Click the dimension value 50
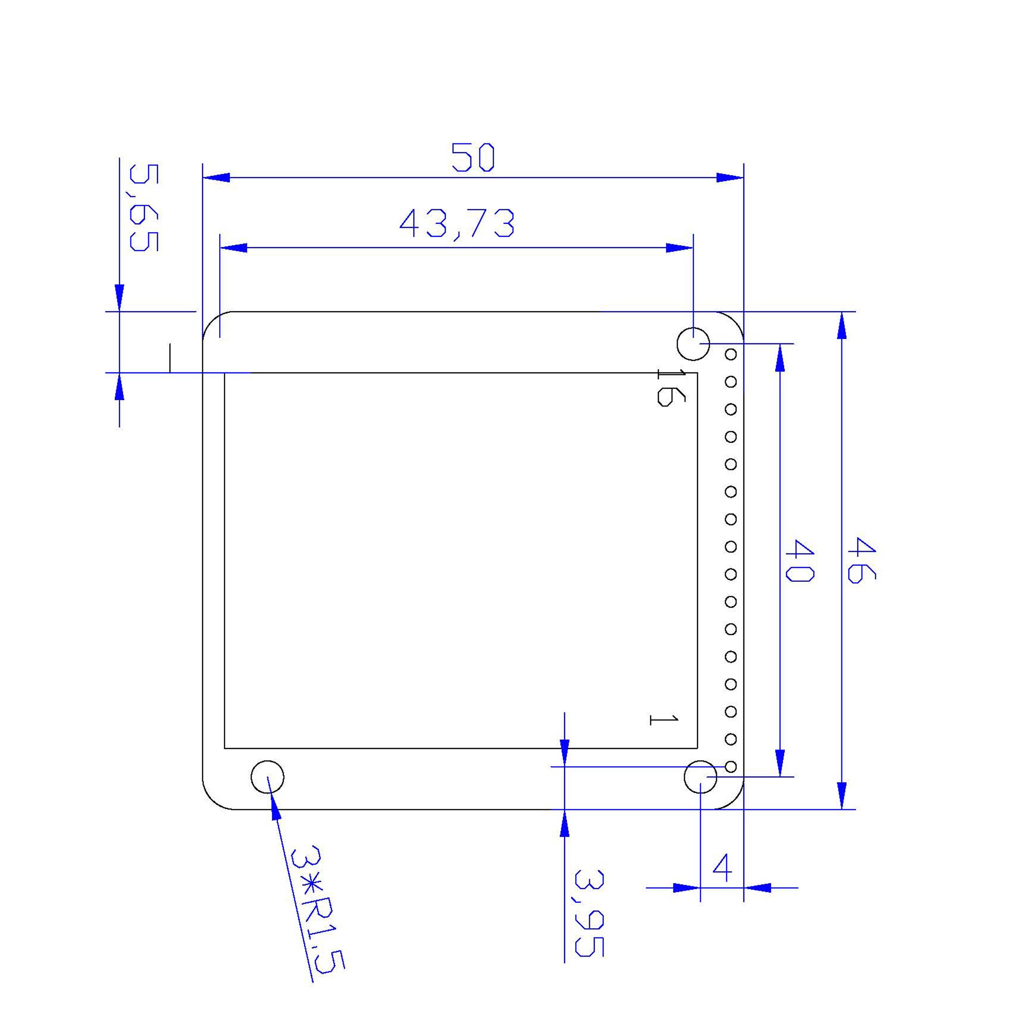point(474,157)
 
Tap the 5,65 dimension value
point(144,208)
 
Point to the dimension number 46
point(861,561)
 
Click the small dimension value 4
point(723,868)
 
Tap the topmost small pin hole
point(730,354)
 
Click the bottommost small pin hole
point(730,767)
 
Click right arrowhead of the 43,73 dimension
point(680,248)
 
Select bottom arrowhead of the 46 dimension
point(842,796)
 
